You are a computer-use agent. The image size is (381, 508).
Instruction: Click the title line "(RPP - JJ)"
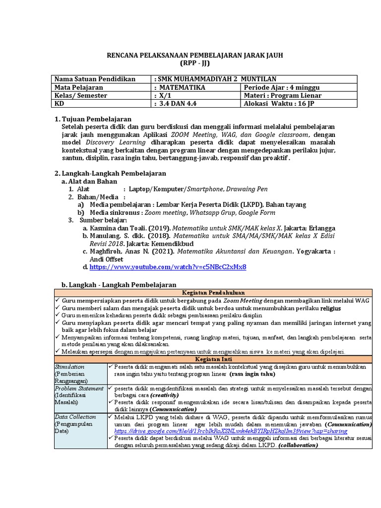click(195, 63)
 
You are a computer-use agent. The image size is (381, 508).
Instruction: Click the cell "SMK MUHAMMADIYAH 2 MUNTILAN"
click(216, 79)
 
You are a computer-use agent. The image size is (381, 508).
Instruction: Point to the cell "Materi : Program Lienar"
click(282, 95)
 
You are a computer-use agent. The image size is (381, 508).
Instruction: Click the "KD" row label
click(59, 104)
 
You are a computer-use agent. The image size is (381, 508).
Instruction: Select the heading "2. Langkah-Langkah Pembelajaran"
click(110, 173)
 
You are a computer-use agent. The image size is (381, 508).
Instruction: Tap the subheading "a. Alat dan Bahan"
click(89, 181)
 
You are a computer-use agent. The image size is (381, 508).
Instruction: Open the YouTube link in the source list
click(168, 267)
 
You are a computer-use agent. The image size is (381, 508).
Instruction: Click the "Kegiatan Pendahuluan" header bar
click(213, 293)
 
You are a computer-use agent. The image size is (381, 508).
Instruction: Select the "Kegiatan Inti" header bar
click(213, 359)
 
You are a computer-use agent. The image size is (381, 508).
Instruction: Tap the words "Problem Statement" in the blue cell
click(79, 388)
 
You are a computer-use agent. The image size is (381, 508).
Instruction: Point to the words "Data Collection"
click(75, 417)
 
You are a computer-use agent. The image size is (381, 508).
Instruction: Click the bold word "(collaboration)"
click(298, 445)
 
